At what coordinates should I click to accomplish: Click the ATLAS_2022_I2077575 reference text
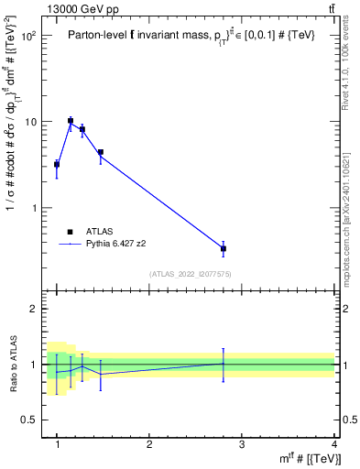190,274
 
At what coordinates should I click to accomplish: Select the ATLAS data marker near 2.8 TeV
224,248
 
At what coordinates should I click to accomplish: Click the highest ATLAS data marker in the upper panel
71,120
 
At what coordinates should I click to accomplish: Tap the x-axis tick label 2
149,444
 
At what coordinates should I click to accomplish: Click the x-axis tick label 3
242,444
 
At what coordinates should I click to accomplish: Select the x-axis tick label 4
334,444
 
